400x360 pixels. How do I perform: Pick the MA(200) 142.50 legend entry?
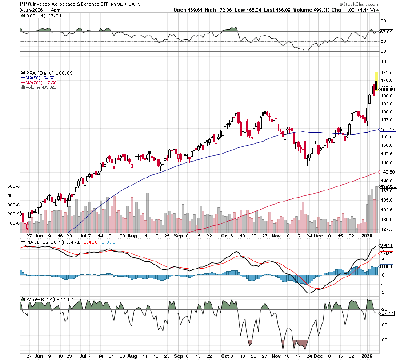pos(38,83)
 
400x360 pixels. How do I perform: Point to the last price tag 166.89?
pos(387,89)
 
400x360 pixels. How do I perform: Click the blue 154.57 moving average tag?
pos(387,129)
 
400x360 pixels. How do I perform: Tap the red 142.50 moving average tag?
pos(387,172)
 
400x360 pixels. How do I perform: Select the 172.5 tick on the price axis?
pos(386,72)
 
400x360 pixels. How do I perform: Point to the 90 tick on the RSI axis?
pos(383,20)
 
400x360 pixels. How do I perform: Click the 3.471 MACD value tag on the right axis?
pos(386,245)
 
